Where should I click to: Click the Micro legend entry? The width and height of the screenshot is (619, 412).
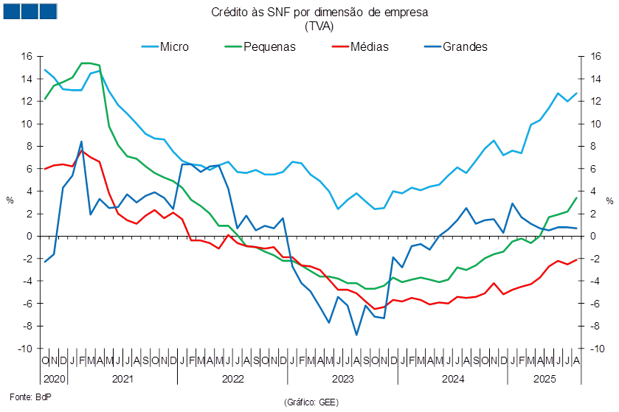165,46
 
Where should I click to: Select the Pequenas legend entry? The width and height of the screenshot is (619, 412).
260,46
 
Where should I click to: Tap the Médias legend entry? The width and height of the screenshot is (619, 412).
360,46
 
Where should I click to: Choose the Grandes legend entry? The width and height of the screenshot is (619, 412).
456,46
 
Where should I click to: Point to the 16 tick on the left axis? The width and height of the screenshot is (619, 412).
27,56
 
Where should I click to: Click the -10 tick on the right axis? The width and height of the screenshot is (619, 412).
598,349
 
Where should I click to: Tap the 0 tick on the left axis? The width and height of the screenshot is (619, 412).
30,236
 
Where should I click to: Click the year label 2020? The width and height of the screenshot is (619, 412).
54,379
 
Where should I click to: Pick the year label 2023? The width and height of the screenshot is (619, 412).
342,379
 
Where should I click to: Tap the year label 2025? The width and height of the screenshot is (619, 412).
544,379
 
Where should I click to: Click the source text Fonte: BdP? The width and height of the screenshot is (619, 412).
30,397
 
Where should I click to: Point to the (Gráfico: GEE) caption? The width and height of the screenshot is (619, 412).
311,402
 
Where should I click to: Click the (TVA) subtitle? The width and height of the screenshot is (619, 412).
319,26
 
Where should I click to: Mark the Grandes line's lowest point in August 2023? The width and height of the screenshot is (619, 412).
356,335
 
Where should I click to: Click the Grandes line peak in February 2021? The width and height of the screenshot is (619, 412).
81,142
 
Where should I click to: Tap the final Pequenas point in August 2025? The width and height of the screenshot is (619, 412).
576,198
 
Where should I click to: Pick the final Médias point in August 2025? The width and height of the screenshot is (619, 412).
576,259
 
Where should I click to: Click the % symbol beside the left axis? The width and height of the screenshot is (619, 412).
10,200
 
